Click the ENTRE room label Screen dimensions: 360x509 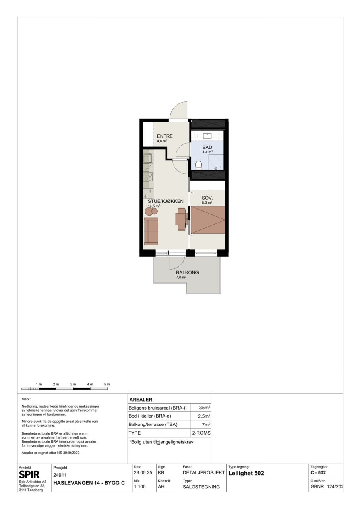click(x=165, y=136)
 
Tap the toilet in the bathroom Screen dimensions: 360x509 click(x=199, y=165)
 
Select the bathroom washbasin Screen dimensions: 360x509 click(x=207, y=136)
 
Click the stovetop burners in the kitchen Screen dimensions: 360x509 click(x=148, y=177)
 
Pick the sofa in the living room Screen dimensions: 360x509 click(x=151, y=231)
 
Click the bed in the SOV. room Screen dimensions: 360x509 click(x=208, y=220)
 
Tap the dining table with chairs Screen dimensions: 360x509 click(x=182, y=219)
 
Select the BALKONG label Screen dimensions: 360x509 click(x=188, y=272)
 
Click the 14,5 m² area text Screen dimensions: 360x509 click(x=154, y=206)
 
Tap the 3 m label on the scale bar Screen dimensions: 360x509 click(x=73, y=384)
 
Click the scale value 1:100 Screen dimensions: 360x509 click(x=140, y=487)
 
